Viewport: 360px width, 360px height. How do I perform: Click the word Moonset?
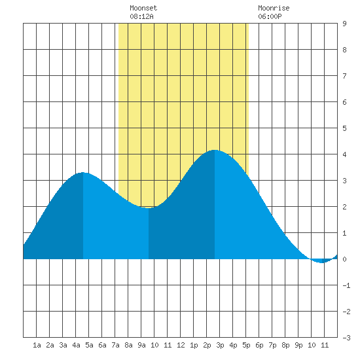tap(143, 8)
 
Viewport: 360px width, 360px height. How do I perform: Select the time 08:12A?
tap(141, 16)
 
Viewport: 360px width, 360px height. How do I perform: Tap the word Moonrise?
tap(274, 8)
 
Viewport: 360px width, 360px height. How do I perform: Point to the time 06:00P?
tap(270, 16)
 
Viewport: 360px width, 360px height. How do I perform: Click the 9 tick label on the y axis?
tap(344, 24)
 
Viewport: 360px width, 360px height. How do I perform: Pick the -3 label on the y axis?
tap(346, 338)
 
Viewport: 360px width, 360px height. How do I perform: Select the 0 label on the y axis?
tap(344, 259)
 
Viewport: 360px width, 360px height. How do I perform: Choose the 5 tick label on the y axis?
tap(344, 128)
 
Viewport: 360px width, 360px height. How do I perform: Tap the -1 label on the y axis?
tap(346, 285)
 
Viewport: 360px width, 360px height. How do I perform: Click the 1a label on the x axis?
tap(37, 345)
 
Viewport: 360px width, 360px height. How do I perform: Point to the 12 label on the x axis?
tap(181, 345)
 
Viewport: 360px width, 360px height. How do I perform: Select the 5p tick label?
tap(246, 345)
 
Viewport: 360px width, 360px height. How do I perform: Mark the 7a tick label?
tap(115, 345)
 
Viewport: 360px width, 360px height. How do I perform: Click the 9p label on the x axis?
tap(298, 345)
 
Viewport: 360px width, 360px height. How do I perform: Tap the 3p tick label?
tap(220, 345)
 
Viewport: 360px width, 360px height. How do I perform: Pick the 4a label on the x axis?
tap(76, 345)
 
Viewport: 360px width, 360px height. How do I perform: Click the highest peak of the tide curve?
tap(215, 150)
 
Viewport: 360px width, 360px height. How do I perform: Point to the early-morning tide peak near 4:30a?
tap(82, 172)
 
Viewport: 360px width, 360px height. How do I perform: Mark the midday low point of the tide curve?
tap(149, 207)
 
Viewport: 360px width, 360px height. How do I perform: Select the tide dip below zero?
tap(322, 262)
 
